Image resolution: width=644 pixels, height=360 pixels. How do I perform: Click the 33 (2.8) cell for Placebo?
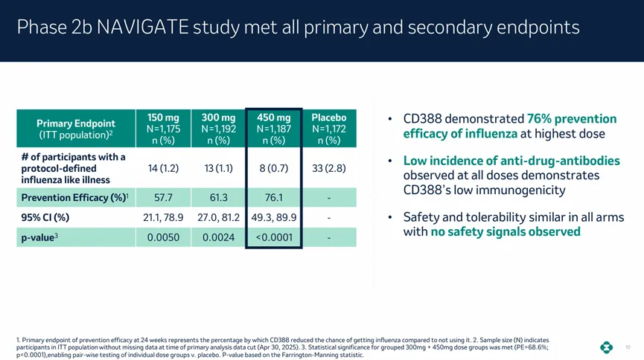pos(328,167)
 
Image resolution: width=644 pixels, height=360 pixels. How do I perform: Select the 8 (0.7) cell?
pos(273,167)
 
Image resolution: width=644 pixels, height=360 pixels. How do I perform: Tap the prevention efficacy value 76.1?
pos(273,198)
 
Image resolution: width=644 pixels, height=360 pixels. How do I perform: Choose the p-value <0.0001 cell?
pos(273,238)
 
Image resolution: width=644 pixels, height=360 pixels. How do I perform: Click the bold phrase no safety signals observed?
pos(506,232)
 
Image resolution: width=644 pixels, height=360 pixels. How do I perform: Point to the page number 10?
pos(628,347)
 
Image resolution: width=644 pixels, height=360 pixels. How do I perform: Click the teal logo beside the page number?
pos(608,347)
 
